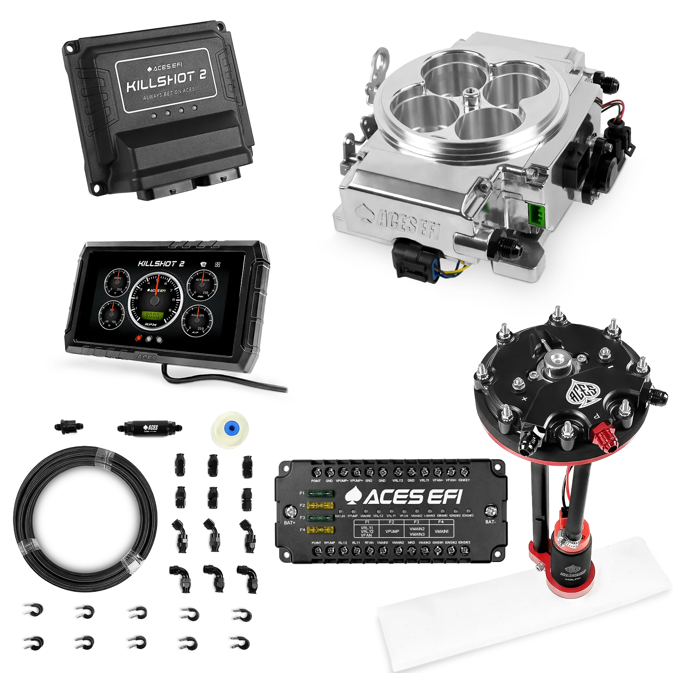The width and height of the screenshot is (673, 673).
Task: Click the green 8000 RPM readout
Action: tap(152, 315)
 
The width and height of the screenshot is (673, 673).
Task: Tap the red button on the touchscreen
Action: tap(138, 338)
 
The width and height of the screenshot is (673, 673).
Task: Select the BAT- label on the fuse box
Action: tap(491, 522)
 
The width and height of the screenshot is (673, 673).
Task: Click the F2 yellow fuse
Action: tap(321, 505)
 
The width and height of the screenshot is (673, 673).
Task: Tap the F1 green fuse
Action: tap(321, 493)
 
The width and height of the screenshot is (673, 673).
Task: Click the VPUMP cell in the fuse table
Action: tap(392, 532)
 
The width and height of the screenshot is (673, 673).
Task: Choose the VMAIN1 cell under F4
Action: tap(441, 532)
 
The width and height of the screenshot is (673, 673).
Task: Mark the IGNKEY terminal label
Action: tap(464, 480)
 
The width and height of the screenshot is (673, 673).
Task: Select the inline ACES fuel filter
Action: tap(149, 428)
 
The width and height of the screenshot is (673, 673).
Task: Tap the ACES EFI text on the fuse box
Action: tap(404, 497)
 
